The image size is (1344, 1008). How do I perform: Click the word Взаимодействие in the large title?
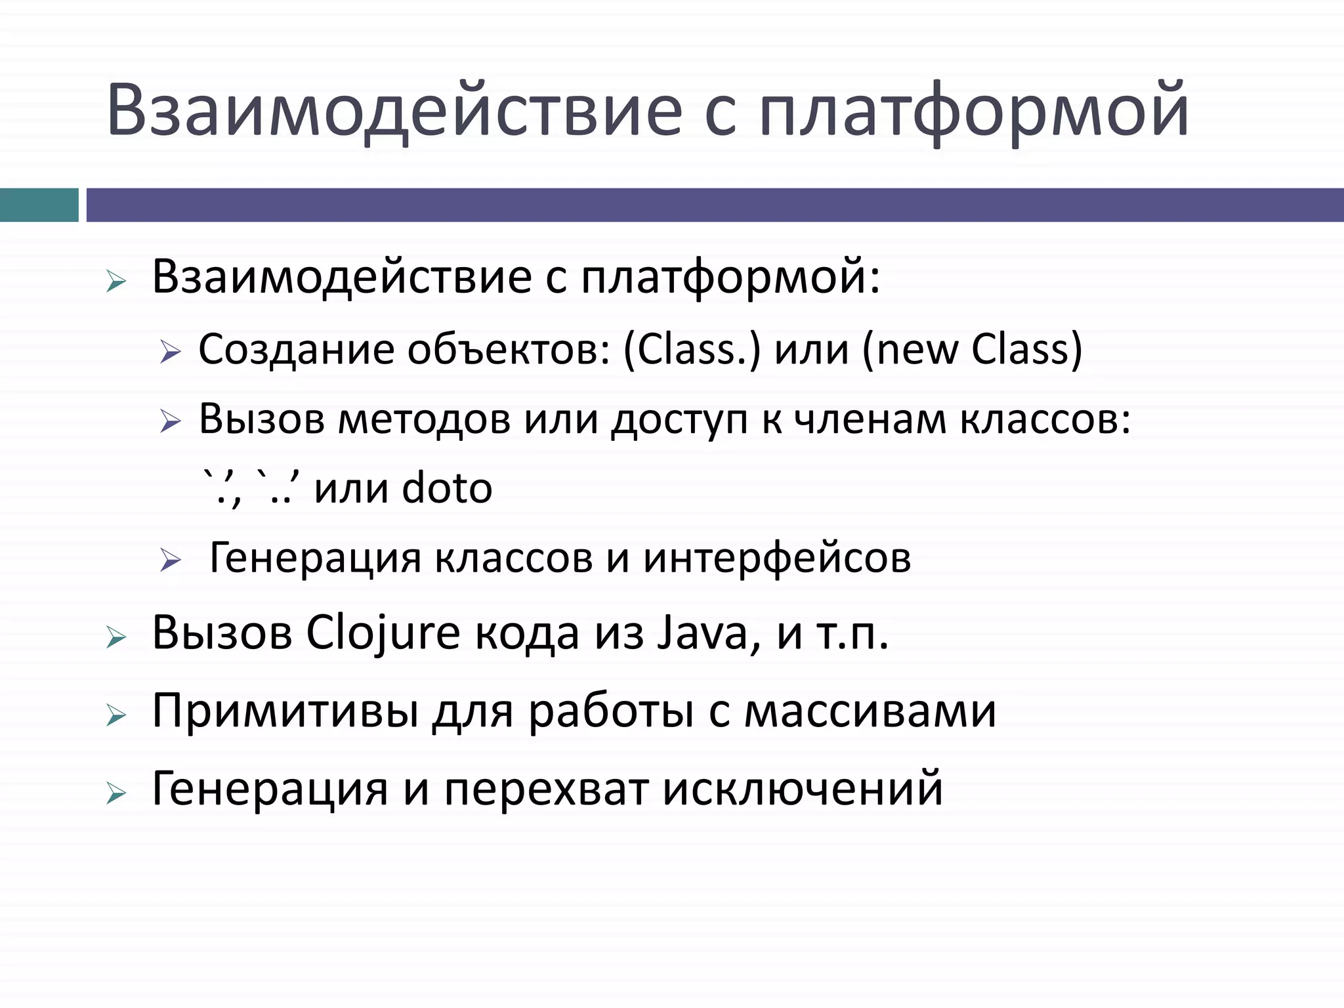click(394, 110)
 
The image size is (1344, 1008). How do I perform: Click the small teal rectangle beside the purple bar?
click(39, 205)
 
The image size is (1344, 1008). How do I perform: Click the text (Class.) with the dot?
click(692, 350)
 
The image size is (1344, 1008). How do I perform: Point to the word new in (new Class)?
click(916, 350)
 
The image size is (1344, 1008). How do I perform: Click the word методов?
click(424, 419)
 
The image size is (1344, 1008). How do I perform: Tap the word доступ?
click(679, 421)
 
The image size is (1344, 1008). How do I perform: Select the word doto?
click(446, 488)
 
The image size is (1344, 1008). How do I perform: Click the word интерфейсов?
click(777, 558)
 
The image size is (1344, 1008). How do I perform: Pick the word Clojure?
click(383, 634)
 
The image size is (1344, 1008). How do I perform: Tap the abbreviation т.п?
click(852, 634)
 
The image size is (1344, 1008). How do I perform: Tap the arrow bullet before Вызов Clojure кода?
click(115, 637)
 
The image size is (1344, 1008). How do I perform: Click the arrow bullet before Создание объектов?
click(170, 352)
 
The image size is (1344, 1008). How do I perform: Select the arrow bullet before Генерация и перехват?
click(115, 793)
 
